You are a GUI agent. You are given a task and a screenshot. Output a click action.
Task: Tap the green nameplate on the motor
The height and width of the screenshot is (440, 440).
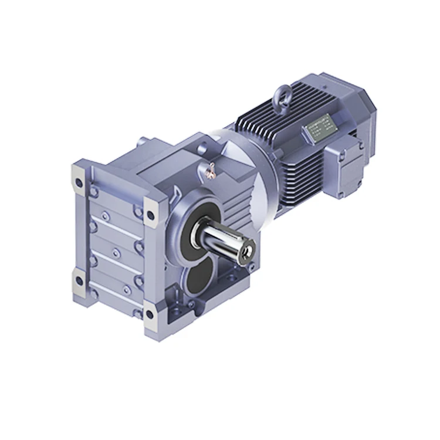(x=320, y=126)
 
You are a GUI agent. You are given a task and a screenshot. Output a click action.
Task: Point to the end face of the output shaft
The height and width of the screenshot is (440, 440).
(x=247, y=251)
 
